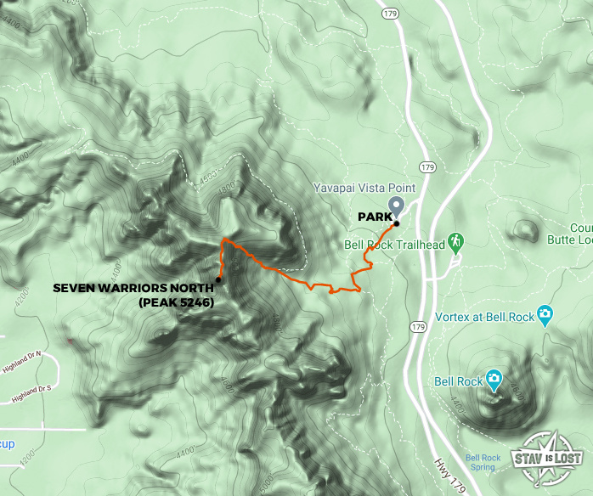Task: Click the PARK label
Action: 373,217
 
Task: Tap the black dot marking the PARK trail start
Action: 396,223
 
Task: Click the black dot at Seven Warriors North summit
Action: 218,279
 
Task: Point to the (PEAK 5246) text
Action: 174,302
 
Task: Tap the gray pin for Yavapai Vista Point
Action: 396,206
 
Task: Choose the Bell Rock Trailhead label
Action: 394,245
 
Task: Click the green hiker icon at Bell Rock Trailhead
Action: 455,242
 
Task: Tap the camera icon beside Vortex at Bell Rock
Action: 545,315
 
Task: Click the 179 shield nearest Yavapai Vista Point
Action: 427,167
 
